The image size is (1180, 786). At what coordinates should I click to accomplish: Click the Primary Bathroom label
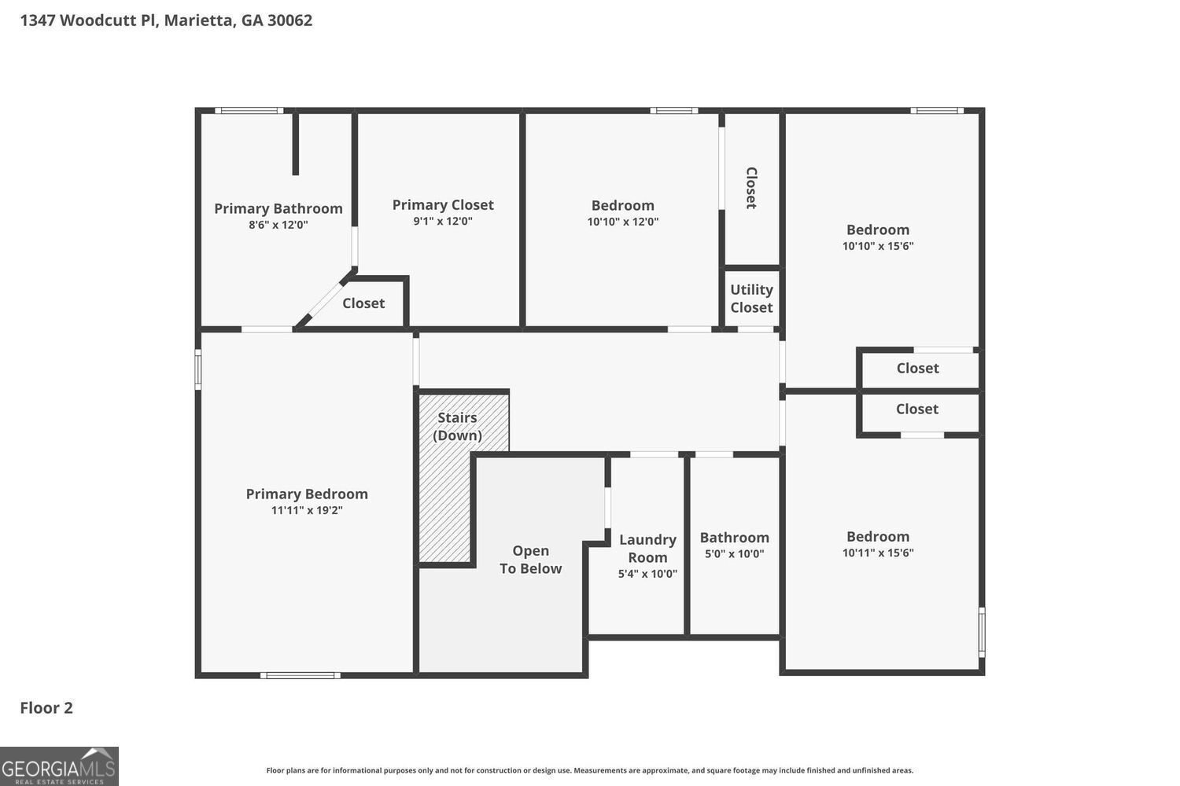tap(278, 208)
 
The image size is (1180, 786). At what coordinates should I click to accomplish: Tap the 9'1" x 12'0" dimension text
tap(442, 221)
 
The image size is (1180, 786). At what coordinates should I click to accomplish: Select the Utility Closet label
tap(751, 299)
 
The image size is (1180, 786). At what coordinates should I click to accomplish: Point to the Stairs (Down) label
tap(457, 427)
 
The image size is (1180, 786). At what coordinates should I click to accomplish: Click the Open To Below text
tap(530, 560)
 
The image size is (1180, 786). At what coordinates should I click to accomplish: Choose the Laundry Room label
tap(647, 549)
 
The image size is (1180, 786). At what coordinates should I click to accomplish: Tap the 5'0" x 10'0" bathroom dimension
tap(734, 554)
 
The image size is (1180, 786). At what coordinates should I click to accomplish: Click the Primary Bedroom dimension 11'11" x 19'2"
tap(307, 510)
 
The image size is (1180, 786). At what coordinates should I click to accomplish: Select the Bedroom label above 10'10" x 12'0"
tap(623, 205)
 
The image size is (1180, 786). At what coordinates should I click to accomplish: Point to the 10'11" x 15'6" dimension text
tap(878, 553)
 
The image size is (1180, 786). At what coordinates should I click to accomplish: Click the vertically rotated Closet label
tap(751, 188)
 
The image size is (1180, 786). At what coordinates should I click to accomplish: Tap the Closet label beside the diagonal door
tap(363, 303)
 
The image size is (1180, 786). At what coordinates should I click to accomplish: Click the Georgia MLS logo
tap(59, 766)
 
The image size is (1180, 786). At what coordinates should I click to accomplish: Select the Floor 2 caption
tap(46, 707)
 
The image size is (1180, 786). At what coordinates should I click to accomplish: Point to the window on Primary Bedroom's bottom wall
tap(301, 675)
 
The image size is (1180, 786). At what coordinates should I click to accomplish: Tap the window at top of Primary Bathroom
tap(249, 111)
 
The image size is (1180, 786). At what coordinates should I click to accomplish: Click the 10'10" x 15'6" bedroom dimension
tap(878, 246)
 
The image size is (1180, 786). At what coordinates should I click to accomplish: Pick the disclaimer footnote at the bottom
tap(589, 770)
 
